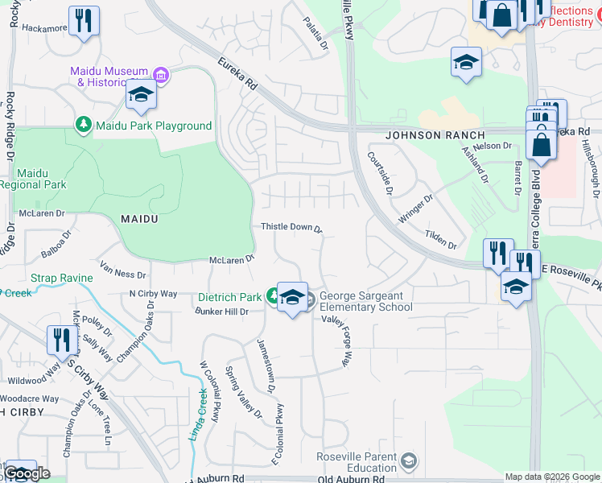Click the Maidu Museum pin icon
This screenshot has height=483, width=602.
coord(161,76)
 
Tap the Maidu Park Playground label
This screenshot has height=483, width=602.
coord(153,126)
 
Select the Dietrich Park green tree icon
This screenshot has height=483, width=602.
coord(274,297)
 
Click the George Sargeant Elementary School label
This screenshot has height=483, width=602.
coord(366,301)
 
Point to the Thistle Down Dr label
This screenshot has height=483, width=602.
coord(291,228)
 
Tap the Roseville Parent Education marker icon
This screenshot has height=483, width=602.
coord(409,461)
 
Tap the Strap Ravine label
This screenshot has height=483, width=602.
coord(62,278)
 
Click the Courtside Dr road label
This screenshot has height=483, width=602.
coord(379,174)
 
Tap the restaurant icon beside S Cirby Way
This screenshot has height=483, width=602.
coord(61,340)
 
